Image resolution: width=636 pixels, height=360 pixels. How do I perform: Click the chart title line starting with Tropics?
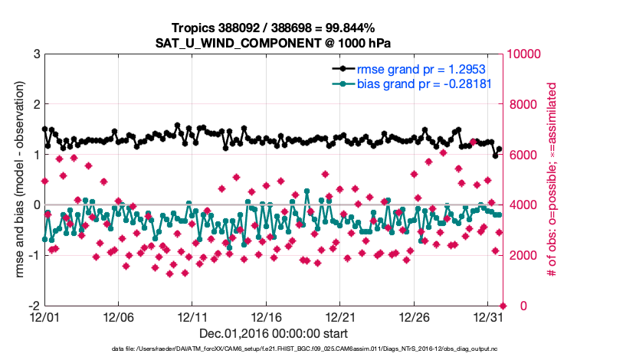click(274, 27)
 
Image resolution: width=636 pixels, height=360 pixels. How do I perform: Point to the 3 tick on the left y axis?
click(36, 54)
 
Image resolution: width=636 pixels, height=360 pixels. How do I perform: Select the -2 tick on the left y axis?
click(34, 306)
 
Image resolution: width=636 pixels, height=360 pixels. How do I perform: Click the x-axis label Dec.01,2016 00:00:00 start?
click(274, 333)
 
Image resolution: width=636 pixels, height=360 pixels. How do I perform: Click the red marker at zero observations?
click(503, 306)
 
